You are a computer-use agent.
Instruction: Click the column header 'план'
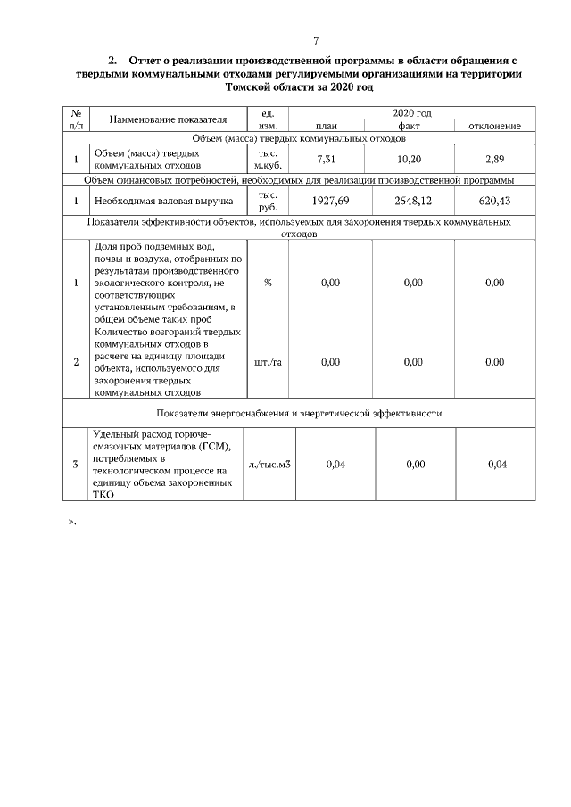331,127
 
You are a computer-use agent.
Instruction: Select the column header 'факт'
412,127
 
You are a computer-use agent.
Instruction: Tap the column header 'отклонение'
494,127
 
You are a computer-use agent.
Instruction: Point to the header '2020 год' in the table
412,113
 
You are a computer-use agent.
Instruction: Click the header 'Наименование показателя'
168,119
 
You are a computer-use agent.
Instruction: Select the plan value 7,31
331,158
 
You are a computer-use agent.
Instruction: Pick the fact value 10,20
412,158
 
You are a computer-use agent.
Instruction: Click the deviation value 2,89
494,158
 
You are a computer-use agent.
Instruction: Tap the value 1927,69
331,201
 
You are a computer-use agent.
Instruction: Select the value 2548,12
412,201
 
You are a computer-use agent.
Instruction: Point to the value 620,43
494,201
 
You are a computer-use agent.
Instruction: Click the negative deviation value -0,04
494,464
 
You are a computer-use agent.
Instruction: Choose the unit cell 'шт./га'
268,362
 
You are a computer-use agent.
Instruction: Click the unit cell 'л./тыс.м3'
269,464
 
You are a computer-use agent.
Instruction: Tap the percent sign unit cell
268,283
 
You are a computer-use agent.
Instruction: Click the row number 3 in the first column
75,464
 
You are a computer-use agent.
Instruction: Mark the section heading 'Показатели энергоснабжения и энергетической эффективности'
299,413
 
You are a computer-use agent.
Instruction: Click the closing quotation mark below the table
72,520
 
